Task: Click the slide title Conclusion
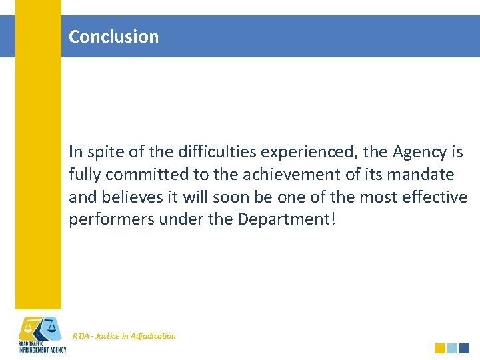(x=114, y=37)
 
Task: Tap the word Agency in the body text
(x=419, y=152)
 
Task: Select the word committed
(x=138, y=175)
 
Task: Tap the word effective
(x=431, y=198)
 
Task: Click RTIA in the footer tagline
(x=81, y=336)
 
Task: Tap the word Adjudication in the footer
(x=155, y=336)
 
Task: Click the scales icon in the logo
(x=40, y=328)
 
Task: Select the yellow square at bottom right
(x=440, y=348)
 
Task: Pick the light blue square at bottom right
(x=452, y=348)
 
